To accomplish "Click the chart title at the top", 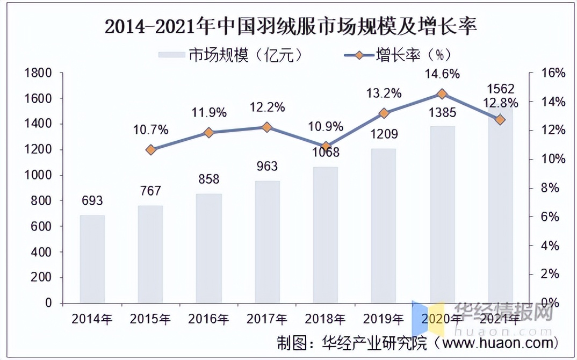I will tap(291, 26).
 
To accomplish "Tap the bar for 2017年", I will tap(267, 242).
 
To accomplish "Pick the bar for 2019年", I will tap(384, 226).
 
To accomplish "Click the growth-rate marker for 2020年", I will tap(442, 94).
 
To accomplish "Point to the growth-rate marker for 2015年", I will tap(150, 150).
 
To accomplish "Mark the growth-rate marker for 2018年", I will tap(325, 146).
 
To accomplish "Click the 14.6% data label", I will tap(442, 74).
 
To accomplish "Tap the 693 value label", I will tap(92, 201).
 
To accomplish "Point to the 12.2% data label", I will tap(267, 107).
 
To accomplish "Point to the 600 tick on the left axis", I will tap(43, 226).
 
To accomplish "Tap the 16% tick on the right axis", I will tap(552, 73).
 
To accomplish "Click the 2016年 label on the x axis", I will tap(208, 319).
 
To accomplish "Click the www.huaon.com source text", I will tap(497, 342).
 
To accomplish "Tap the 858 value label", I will tap(208, 179).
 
